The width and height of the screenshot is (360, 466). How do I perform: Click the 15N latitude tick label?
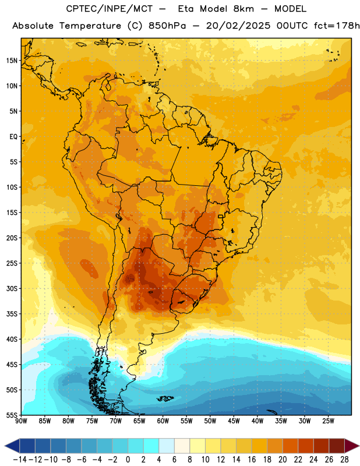[x=12, y=61]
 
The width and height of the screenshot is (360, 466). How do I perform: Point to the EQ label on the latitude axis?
[x=13, y=137]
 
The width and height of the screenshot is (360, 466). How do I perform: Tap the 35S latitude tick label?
[x=12, y=314]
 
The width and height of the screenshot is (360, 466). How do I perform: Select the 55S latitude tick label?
[x=12, y=415]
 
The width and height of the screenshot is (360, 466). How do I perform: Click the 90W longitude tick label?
[x=21, y=421]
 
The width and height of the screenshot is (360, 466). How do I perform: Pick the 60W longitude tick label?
[x=163, y=421]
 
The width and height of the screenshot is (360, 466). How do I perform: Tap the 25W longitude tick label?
[x=328, y=421]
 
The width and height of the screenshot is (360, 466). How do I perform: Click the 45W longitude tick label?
[x=234, y=421]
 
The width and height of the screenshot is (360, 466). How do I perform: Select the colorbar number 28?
[x=344, y=460]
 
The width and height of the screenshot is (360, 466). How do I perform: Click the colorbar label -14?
[x=20, y=460]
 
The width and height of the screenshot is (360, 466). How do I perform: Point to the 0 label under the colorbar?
[x=128, y=460]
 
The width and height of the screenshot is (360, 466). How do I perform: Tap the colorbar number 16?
[x=252, y=460]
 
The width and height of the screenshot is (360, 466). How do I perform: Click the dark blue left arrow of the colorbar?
[x=12, y=446]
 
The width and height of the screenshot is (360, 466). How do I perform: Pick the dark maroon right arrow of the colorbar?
[x=352, y=446]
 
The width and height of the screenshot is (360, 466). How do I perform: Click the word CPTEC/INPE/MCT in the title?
[x=110, y=9]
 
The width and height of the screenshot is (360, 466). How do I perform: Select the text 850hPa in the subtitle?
[x=167, y=26]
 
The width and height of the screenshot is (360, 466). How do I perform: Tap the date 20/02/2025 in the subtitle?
[x=238, y=26]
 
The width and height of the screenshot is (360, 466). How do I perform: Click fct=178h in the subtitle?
[x=337, y=26]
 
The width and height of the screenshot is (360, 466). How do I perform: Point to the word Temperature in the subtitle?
[x=90, y=26]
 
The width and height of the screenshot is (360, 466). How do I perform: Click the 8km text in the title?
[x=243, y=9]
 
